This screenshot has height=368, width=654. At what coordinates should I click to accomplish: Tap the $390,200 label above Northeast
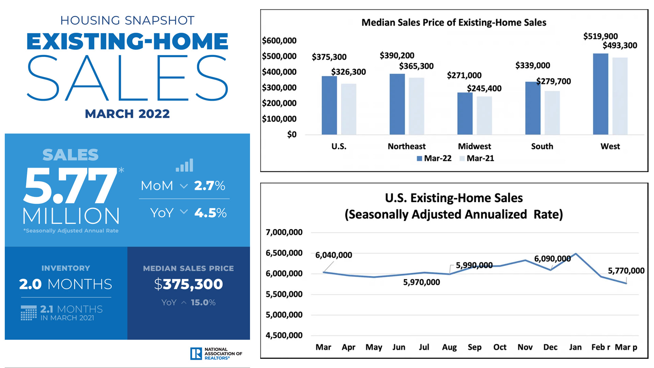pyautogui.click(x=397, y=56)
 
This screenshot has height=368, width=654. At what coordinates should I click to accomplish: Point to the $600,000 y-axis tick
pyautogui.click(x=279, y=41)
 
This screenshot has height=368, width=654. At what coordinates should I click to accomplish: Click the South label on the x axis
pyautogui.click(x=542, y=147)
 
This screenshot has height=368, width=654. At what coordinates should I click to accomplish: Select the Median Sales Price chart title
pyautogui.click(x=454, y=22)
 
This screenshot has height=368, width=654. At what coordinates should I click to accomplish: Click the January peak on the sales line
pyautogui.click(x=576, y=254)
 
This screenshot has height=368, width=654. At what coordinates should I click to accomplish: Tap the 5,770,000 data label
pyautogui.click(x=626, y=271)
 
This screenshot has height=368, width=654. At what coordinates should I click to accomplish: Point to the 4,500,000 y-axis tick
pyautogui.click(x=284, y=336)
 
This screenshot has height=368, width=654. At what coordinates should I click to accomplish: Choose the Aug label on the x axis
pyautogui.click(x=449, y=347)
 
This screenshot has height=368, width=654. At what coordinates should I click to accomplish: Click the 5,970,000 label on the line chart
pyautogui.click(x=421, y=282)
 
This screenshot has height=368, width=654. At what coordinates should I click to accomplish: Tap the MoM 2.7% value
pyautogui.click(x=209, y=186)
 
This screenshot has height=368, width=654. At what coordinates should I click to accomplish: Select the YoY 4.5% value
pyautogui.click(x=210, y=213)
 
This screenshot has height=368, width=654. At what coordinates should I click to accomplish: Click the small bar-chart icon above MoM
pyautogui.click(x=184, y=165)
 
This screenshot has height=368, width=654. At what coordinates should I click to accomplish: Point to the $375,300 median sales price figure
pyautogui.click(x=188, y=284)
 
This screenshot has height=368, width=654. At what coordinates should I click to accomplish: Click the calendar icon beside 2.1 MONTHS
pyautogui.click(x=29, y=313)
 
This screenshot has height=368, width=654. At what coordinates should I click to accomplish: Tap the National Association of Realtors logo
pyautogui.click(x=216, y=354)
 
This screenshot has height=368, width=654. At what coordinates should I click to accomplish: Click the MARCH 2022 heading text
pyautogui.click(x=127, y=114)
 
